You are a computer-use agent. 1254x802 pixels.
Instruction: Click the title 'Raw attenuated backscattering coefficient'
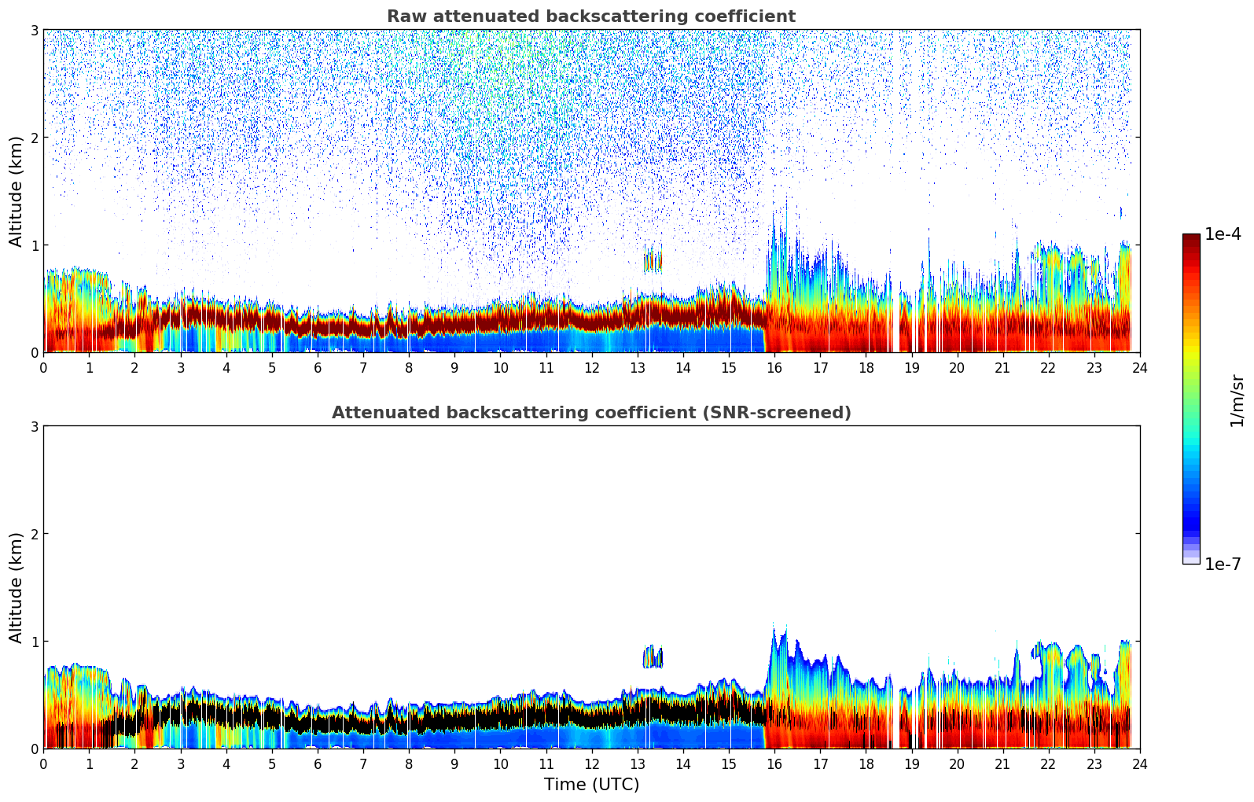click(590, 17)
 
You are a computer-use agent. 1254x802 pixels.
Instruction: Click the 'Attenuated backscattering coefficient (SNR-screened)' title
click(590, 413)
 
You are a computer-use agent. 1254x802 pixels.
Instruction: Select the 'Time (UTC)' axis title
click(591, 784)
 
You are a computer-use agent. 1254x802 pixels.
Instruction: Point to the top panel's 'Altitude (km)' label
click(17, 191)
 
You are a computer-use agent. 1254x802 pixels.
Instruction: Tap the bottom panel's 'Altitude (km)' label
click(17, 587)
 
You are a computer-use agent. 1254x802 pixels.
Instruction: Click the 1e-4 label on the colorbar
click(1223, 234)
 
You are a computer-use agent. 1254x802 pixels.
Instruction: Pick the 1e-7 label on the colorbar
click(1223, 564)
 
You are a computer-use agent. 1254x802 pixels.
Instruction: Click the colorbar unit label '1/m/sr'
click(1237, 399)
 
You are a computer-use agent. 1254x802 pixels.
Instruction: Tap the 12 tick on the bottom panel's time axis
click(591, 763)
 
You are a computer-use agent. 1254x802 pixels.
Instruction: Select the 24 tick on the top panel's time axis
click(1139, 367)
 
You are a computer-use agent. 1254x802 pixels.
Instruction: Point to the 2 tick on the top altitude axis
click(35, 138)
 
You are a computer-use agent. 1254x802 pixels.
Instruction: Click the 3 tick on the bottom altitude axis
click(35, 426)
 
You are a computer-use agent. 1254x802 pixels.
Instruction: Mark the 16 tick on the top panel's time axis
click(774, 367)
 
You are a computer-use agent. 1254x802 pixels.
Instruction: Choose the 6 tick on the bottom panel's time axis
click(318, 763)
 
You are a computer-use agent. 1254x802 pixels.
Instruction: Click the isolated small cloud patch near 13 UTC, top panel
click(653, 261)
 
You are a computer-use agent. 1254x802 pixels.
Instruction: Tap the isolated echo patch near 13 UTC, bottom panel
click(653, 657)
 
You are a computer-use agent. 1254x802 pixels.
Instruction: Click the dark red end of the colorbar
click(1191, 239)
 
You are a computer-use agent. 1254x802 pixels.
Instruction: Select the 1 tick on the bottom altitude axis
click(35, 642)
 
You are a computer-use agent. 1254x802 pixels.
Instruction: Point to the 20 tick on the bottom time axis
click(957, 763)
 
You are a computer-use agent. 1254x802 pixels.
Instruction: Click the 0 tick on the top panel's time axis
click(43, 367)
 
